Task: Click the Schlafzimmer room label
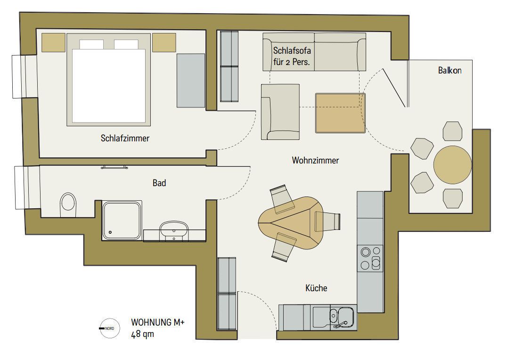coord(125,139)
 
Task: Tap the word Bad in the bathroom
coord(159,183)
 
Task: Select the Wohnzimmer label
coord(315,161)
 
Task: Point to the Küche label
coord(316,288)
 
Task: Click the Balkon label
coord(449,71)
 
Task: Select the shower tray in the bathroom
coord(122,219)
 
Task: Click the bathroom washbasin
coord(174,230)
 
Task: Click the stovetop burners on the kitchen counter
coord(370,258)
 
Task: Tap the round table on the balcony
coord(452,165)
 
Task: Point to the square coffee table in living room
coord(340,113)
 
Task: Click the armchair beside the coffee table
coord(280,112)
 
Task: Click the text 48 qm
coord(143,335)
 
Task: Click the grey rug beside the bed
coord(191,80)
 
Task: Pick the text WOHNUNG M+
coord(158,324)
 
